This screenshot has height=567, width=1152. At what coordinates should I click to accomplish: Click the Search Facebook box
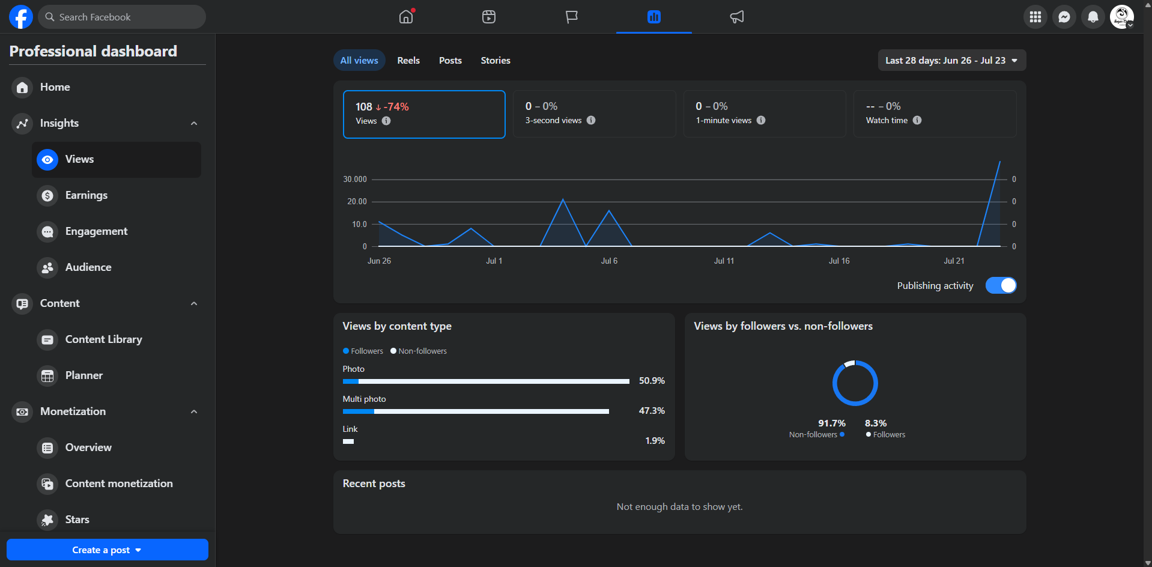[x=122, y=17]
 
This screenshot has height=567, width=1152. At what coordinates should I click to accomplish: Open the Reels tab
[x=408, y=60]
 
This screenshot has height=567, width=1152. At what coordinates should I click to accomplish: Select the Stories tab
[x=496, y=60]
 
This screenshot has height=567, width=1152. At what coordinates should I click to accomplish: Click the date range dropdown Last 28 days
[x=951, y=60]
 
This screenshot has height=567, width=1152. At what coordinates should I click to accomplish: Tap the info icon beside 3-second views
[x=591, y=120]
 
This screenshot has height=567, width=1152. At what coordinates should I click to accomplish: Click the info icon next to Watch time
[x=917, y=120]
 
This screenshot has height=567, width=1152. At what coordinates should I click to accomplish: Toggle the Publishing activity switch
[x=1001, y=285]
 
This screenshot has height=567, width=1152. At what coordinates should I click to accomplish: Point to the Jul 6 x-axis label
[x=609, y=261]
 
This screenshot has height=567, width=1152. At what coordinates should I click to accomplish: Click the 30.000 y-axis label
[x=355, y=179]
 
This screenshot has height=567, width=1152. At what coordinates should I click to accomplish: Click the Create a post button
[x=108, y=550]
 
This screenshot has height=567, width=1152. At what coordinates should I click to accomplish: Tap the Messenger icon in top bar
[x=1064, y=17]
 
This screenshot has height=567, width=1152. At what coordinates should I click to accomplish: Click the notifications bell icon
[x=1093, y=17]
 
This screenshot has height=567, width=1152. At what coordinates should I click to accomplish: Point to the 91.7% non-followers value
[x=832, y=423]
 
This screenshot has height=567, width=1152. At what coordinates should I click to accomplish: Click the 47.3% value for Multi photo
[x=652, y=410]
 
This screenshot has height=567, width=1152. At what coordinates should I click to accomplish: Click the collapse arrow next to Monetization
[x=194, y=411]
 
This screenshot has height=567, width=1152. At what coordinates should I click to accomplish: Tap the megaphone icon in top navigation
[x=737, y=17]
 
